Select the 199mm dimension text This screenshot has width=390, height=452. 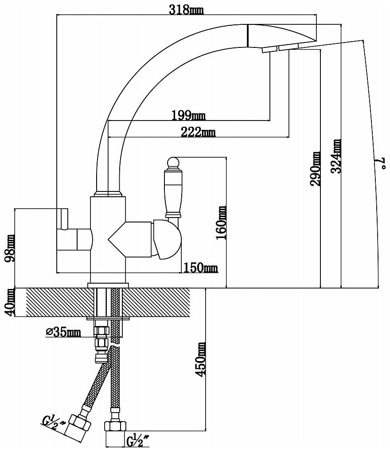188,116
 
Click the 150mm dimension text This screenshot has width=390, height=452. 201,268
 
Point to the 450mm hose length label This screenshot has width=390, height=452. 202,359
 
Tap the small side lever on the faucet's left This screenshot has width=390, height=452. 63,219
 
